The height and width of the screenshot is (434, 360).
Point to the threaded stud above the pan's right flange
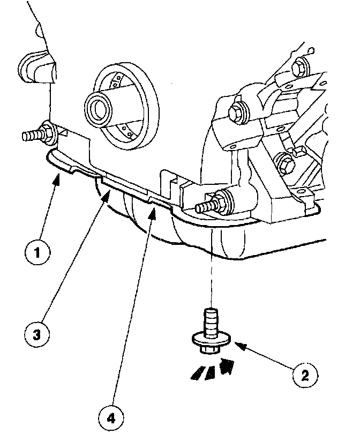pyautogui.click(x=208, y=204)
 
